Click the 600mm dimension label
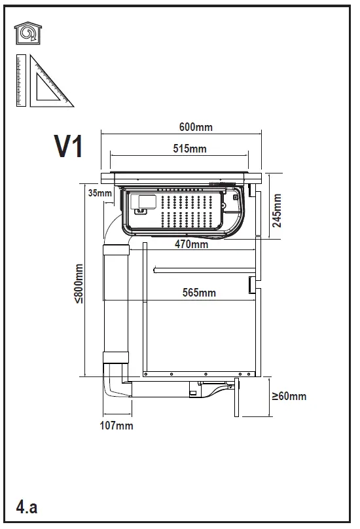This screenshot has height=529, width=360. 196,128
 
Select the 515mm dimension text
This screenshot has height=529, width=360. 189,149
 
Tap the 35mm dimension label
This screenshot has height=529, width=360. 99,192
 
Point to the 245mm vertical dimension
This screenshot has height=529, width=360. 277,210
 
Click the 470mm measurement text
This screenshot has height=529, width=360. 191,245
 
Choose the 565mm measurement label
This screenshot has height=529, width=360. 198,293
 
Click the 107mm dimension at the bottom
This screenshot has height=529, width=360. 117,426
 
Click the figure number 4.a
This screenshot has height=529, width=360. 27,507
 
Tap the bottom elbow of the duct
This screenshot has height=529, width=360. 118,386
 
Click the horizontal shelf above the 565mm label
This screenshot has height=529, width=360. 203,269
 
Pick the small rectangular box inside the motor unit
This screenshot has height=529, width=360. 143,204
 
